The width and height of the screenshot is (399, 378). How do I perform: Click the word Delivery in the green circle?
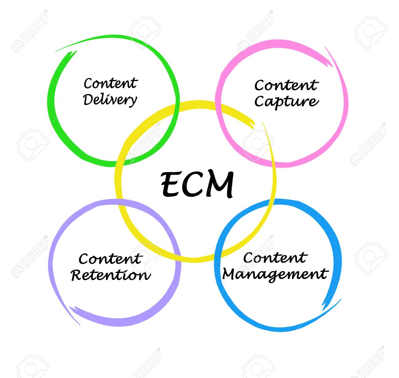point(110,100)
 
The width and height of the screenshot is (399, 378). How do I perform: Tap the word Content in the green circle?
point(111,83)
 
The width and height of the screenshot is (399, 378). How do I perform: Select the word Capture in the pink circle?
point(287,102)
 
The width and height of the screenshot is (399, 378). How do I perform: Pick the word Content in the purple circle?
point(111,259)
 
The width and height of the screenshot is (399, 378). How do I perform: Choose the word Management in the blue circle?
point(275,275)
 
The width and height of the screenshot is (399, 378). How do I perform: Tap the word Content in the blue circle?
point(275,258)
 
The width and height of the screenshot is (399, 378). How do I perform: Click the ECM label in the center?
point(197,184)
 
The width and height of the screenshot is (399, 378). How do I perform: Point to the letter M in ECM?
point(220,185)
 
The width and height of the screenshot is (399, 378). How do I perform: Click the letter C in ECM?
point(194,184)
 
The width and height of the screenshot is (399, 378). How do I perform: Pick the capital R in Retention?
point(77,275)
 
